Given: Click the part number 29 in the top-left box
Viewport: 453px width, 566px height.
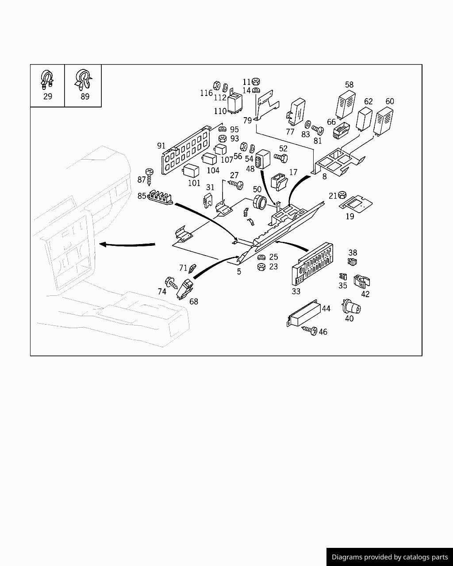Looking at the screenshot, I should click(x=47, y=96).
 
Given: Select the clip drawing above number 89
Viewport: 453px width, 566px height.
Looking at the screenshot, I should click(x=83, y=79).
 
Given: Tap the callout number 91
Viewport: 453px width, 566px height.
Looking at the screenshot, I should click(x=161, y=146).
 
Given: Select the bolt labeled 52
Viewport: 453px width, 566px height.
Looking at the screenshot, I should click(x=281, y=157).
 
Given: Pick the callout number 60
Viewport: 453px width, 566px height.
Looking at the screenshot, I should click(x=389, y=101).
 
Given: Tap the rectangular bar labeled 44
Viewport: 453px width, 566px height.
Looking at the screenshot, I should click(x=304, y=314).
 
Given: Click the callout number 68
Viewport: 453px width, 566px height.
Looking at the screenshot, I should click(x=194, y=302).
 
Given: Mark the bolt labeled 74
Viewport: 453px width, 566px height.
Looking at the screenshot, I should click(x=171, y=282).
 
